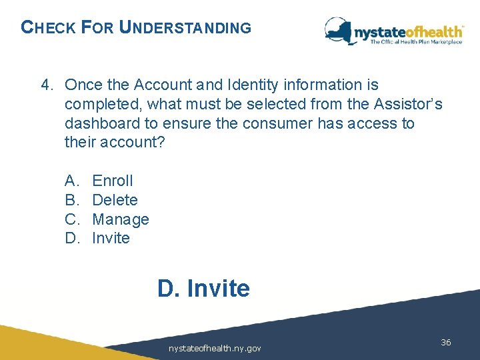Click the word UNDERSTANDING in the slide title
[x=185, y=28]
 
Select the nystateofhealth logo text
[x=408, y=31]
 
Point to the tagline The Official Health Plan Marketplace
[x=417, y=42]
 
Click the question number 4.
[x=46, y=85]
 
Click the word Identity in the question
[x=251, y=85]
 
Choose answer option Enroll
[x=113, y=181]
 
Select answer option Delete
[x=115, y=200]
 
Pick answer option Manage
[x=121, y=219]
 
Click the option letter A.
[x=71, y=181]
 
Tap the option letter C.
[x=71, y=219]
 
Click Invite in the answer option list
[x=111, y=239]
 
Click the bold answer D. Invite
[x=203, y=289]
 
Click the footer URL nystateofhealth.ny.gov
[x=215, y=348]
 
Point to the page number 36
[x=446, y=342]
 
